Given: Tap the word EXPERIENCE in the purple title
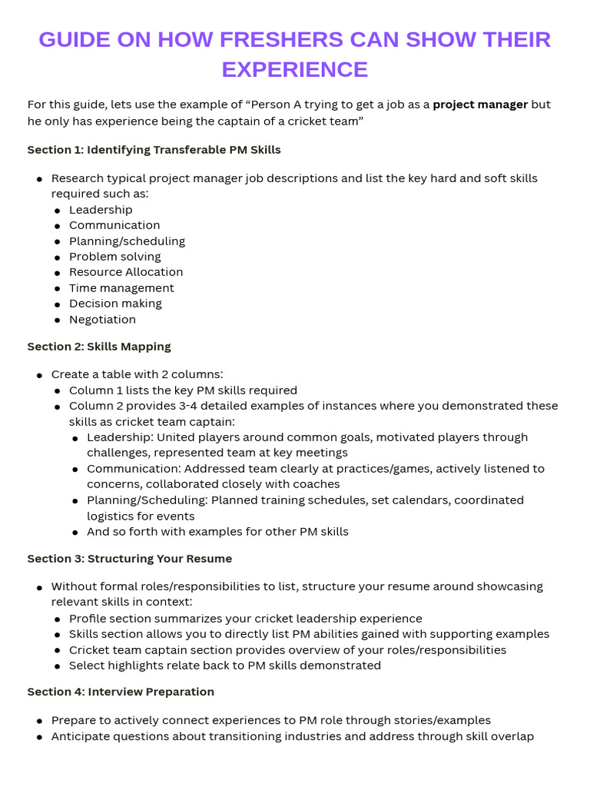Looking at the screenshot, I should click(295, 69).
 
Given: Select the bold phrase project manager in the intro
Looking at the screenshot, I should click(480, 105).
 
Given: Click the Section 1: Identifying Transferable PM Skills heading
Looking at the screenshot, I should click(154, 150).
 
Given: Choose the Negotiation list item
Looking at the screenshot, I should click(102, 320).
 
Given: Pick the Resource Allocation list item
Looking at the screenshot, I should click(126, 272).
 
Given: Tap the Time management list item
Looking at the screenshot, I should click(121, 288).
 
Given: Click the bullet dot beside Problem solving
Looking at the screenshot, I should click(58, 257).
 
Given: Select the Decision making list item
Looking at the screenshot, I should click(115, 304).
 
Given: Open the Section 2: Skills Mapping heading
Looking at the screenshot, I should click(99, 347).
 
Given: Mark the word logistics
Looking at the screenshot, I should click(112, 516).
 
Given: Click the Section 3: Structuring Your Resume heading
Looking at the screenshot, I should click(130, 559).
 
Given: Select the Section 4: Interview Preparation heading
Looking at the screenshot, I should click(121, 692).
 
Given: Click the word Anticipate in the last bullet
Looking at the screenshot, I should click(81, 736).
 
